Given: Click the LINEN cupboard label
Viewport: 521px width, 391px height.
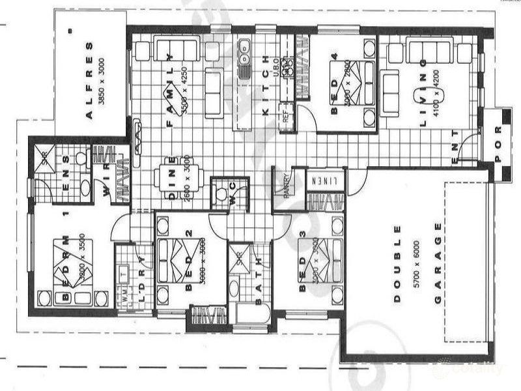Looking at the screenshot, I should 322,180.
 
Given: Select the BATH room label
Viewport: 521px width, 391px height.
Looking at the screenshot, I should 259,287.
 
